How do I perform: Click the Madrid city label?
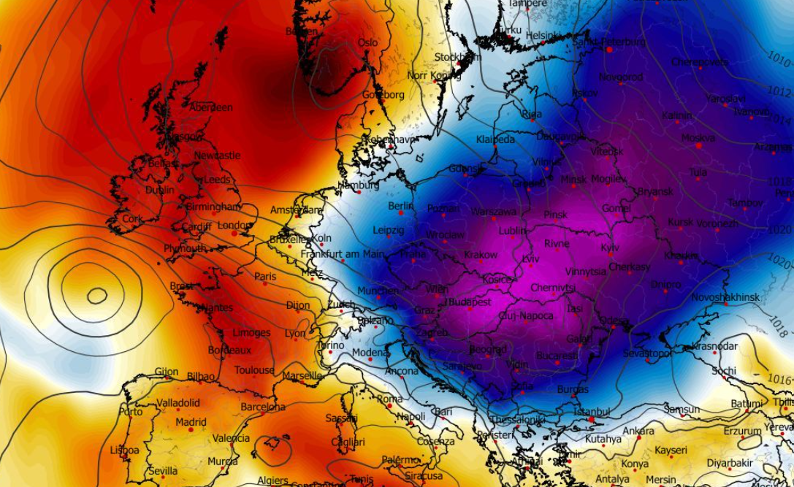click(191, 422)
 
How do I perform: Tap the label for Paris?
click(265, 277)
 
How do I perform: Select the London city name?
click(234, 226)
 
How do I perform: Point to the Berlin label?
click(401, 207)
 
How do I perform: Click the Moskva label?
click(698, 137)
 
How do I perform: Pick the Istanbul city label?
click(591, 413)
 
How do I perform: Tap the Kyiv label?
click(610, 248)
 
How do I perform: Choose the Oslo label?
click(368, 43)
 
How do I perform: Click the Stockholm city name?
click(458, 57)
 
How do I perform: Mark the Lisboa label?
click(124, 450)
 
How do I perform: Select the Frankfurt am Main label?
click(343, 254)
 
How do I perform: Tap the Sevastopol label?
click(647, 353)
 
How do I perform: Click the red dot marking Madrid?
click(191, 429)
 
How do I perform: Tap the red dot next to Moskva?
click(699, 145)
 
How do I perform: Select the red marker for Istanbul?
click(592, 420)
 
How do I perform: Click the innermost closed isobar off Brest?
click(96, 296)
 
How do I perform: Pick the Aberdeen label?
click(211, 108)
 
